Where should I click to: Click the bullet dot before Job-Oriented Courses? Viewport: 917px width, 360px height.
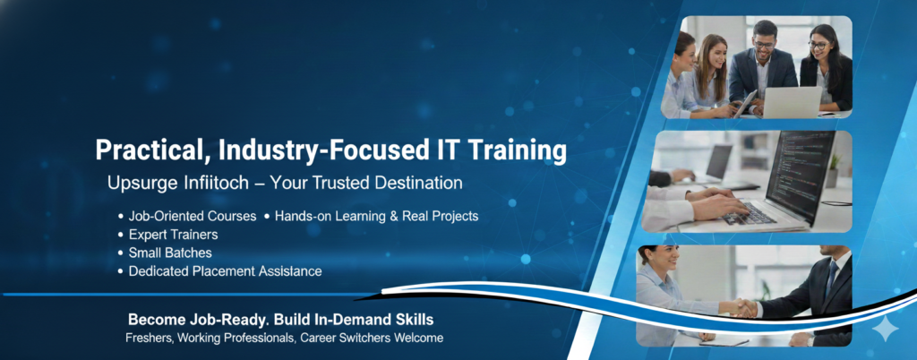121,217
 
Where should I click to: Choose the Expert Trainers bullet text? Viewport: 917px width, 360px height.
173,235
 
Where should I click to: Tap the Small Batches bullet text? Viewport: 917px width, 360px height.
170,253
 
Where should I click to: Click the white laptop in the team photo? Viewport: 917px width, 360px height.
792,102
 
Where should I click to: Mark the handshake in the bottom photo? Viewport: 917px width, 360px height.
743,308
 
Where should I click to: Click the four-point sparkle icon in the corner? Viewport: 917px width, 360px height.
886,329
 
